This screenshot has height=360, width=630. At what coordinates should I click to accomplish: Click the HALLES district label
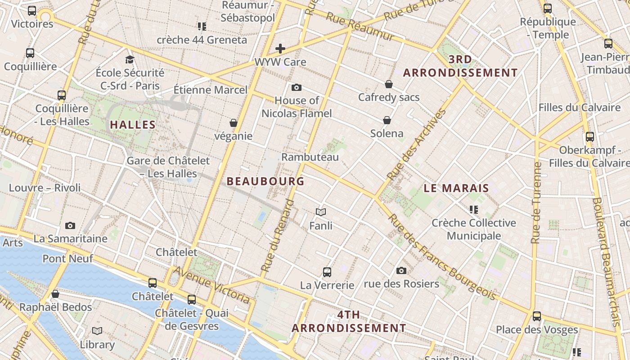(133, 125)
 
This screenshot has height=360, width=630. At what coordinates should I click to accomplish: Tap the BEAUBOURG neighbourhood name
(265, 181)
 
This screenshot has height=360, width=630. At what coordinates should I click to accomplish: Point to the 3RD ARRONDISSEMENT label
(460, 66)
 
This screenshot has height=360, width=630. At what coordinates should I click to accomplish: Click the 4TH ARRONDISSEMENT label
(349, 321)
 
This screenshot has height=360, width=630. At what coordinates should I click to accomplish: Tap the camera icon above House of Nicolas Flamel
(296, 87)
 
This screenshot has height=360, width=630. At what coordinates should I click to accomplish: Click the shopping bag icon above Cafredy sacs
(389, 84)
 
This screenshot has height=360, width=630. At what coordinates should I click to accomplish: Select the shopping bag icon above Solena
(387, 120)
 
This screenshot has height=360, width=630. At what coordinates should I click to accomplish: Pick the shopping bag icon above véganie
(233, 123)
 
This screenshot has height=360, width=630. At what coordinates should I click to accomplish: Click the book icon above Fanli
(321, 212)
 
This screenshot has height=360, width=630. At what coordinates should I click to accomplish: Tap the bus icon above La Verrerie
(327, 272)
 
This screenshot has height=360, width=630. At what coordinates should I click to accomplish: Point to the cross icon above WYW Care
(280, 49)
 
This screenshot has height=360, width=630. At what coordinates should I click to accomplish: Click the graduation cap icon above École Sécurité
(130, 59)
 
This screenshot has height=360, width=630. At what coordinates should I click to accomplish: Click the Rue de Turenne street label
(536, 202)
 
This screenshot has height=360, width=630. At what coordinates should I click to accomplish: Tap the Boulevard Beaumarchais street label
(608, 261)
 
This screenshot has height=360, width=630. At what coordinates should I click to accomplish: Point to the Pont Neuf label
(67, 259)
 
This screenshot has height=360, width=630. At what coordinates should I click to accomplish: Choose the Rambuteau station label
(310, 157)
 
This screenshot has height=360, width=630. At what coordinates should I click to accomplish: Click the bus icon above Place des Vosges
(536, 316)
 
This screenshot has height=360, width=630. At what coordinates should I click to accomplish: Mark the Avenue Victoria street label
(211, 284)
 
